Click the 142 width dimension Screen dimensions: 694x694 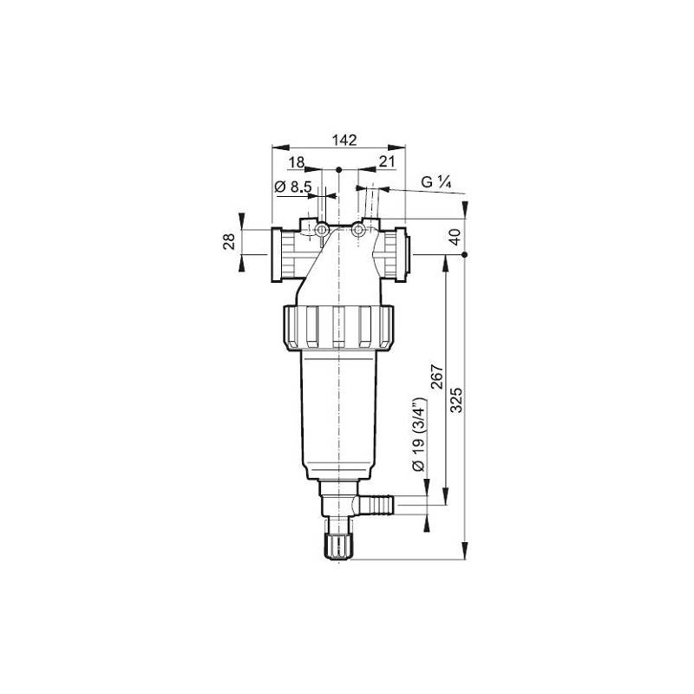click(x=344, y=140)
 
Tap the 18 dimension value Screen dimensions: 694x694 click(x=296, y=162)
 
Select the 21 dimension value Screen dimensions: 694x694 click(x=386, y=161)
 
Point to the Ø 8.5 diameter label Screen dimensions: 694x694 click(x=293, y=187)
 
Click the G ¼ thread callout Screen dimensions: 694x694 click(x=436, y=182)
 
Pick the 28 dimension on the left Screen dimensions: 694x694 click(x=230, y=241)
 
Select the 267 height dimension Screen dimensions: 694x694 click(x=437, y=376)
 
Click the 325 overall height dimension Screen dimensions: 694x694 click(x=456, y=400)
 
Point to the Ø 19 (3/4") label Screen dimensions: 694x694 click(x=418, y=435)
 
